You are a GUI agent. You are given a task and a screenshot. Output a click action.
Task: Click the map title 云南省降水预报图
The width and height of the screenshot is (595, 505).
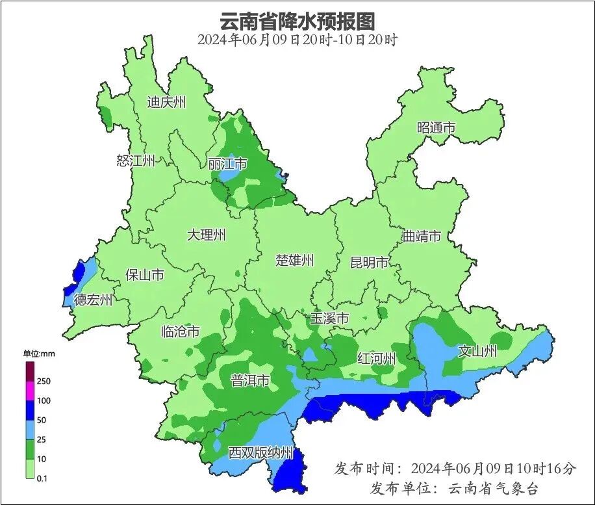[x=297, y=21]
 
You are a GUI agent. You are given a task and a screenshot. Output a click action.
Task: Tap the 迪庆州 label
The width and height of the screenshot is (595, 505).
[x=166, y=102]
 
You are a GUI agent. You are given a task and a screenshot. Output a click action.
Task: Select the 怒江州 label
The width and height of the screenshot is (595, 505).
[x=136, y=161]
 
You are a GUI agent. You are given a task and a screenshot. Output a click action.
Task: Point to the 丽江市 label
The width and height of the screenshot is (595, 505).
[x=227, y=164]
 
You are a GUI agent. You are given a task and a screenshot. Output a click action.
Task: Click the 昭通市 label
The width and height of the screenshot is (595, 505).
[x=436, y=127]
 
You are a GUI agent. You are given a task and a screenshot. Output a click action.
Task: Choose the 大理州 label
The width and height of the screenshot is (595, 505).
[x=206, y=235]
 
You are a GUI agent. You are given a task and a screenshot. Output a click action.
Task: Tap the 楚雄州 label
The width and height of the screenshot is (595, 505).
[x=294, y=260]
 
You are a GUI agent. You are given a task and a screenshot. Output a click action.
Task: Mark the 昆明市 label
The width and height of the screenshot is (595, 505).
[x=369, y=263]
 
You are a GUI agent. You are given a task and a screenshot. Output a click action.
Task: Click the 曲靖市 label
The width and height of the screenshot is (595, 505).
[x=422, y=236]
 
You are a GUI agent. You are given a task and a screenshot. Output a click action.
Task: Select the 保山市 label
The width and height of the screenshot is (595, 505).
[x=144, y=275]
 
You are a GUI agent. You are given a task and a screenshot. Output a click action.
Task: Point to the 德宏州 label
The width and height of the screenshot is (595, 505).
[x=93, y=300]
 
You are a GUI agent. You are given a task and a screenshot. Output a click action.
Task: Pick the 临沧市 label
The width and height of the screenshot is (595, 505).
[x=180, y=332]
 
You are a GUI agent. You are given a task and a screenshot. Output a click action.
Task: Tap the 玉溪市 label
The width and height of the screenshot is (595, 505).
[x=329, y=318]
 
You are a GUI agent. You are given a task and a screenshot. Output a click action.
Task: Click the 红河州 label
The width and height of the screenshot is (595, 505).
[x=377, y=358]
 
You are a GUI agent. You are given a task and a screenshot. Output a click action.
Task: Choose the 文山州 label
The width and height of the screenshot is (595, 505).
[x=477, y=352]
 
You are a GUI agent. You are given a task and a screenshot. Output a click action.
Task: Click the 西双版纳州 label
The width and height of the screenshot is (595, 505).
[x=260, y=452]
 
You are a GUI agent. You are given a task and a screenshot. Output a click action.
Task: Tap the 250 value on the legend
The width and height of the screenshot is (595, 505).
[x=44, y=381]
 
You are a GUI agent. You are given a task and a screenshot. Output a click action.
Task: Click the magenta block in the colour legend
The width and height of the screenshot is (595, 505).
[x=30, y=391]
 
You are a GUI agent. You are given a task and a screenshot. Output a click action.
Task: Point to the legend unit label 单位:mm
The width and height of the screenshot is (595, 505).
[x=40, y=354]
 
